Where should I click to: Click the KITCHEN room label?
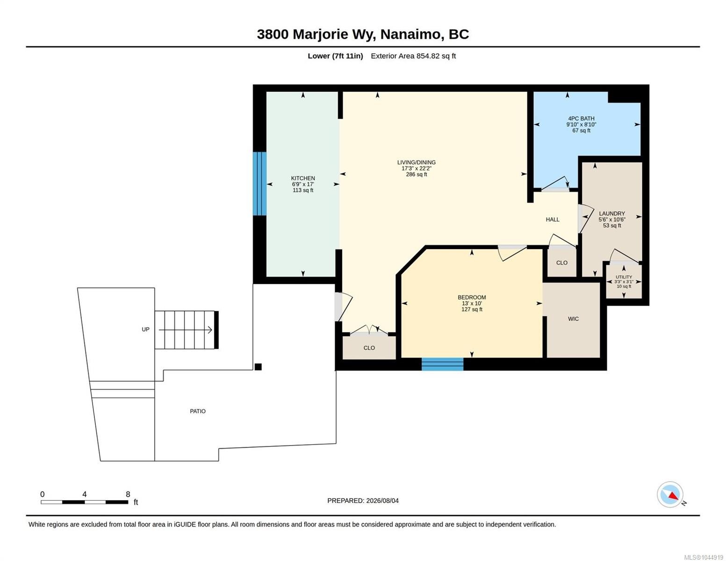[303, 178]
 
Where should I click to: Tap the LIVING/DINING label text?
[416, 162]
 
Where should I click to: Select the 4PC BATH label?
[581, 118]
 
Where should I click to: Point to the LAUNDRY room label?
[612, 214]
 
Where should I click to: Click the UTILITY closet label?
[624, 277]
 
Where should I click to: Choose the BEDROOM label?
[472, 297]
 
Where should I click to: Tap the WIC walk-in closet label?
[573, 319]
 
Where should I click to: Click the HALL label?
[553, 220]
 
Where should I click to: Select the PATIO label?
[198, 411]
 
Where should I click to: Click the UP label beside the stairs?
[145, 330]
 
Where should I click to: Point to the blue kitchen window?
[259, 184]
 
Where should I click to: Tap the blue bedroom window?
[442, 364]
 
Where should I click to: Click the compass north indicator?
[670, 495]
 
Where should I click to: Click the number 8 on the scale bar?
[128, 494]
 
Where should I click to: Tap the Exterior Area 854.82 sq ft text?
[413, 56]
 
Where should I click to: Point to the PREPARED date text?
[363, 501]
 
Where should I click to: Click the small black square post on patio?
[258, 367]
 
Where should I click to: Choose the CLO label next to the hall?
[561, 263]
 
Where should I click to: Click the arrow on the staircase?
[185, 330]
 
